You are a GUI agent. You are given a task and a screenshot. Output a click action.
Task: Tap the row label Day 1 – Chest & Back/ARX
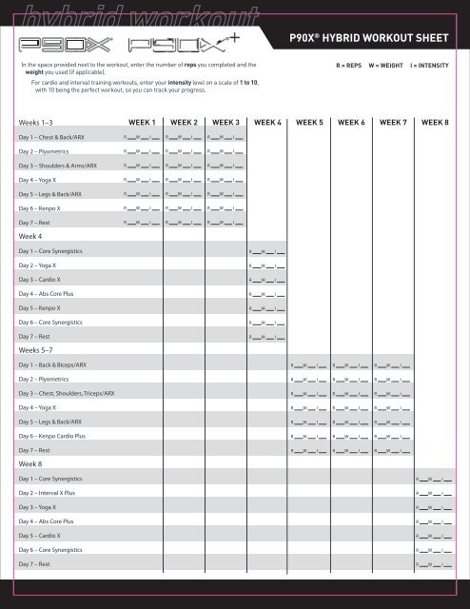click(x=51, y=137)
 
